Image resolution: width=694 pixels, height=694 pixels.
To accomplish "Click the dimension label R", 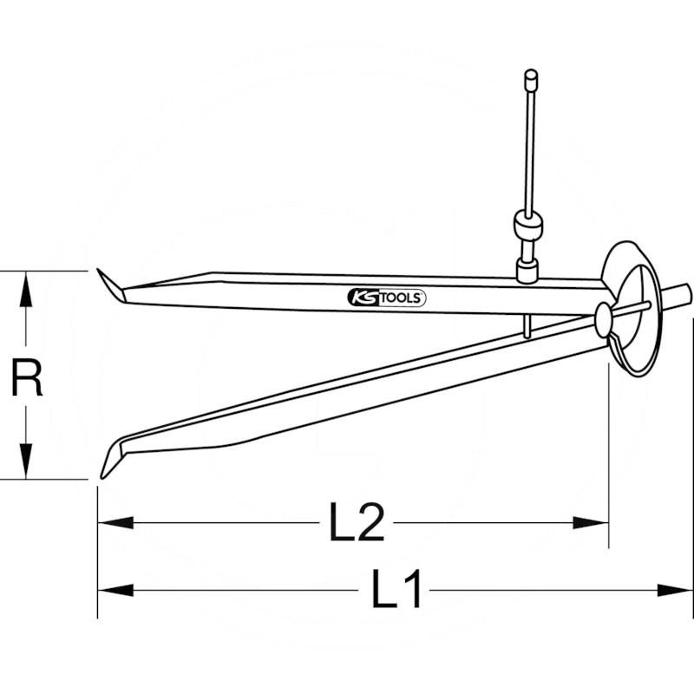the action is coord(27,378).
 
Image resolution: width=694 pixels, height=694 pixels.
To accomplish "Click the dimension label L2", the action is coord(357,522).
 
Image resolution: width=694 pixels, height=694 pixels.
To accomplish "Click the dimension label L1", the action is coord(396,590).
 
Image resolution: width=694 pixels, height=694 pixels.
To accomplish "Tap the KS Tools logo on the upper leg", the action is coord(387,298).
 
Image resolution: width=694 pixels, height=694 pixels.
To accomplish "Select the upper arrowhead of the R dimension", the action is coord(26,289).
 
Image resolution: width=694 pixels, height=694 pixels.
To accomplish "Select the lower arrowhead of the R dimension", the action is coord(26,462).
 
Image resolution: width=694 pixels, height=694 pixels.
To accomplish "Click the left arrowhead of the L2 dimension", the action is coord(115,523).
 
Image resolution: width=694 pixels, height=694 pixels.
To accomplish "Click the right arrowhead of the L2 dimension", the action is coord(591,523).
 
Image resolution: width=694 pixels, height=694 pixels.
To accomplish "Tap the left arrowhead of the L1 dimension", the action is coord(115,590).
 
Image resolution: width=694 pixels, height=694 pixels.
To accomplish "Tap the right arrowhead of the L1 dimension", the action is coord(675,590).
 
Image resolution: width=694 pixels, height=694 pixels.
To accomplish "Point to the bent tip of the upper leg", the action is coord(111,285).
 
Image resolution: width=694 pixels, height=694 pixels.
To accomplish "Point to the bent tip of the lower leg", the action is coord(113,458).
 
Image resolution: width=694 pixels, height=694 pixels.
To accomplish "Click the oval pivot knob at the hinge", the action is coord(603,320).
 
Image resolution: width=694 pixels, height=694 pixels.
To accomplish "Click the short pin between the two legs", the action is coord(527,326).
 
